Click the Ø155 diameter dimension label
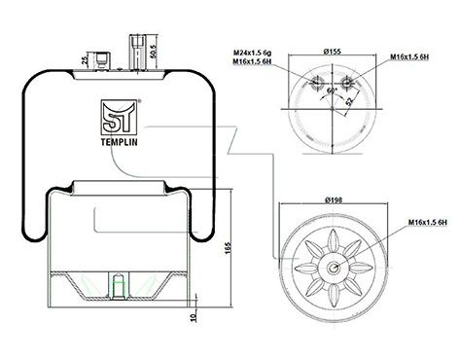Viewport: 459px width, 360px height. (333, 51)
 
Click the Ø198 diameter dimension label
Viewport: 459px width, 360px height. (334, 200)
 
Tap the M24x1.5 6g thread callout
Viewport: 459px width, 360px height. (253, 53)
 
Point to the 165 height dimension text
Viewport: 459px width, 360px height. (228, 248)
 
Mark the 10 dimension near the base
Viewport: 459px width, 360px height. (194, 317)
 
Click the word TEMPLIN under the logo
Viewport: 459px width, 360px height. (120, 142)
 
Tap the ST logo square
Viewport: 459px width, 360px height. (119, 117)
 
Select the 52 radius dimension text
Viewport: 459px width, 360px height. (349, 101)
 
